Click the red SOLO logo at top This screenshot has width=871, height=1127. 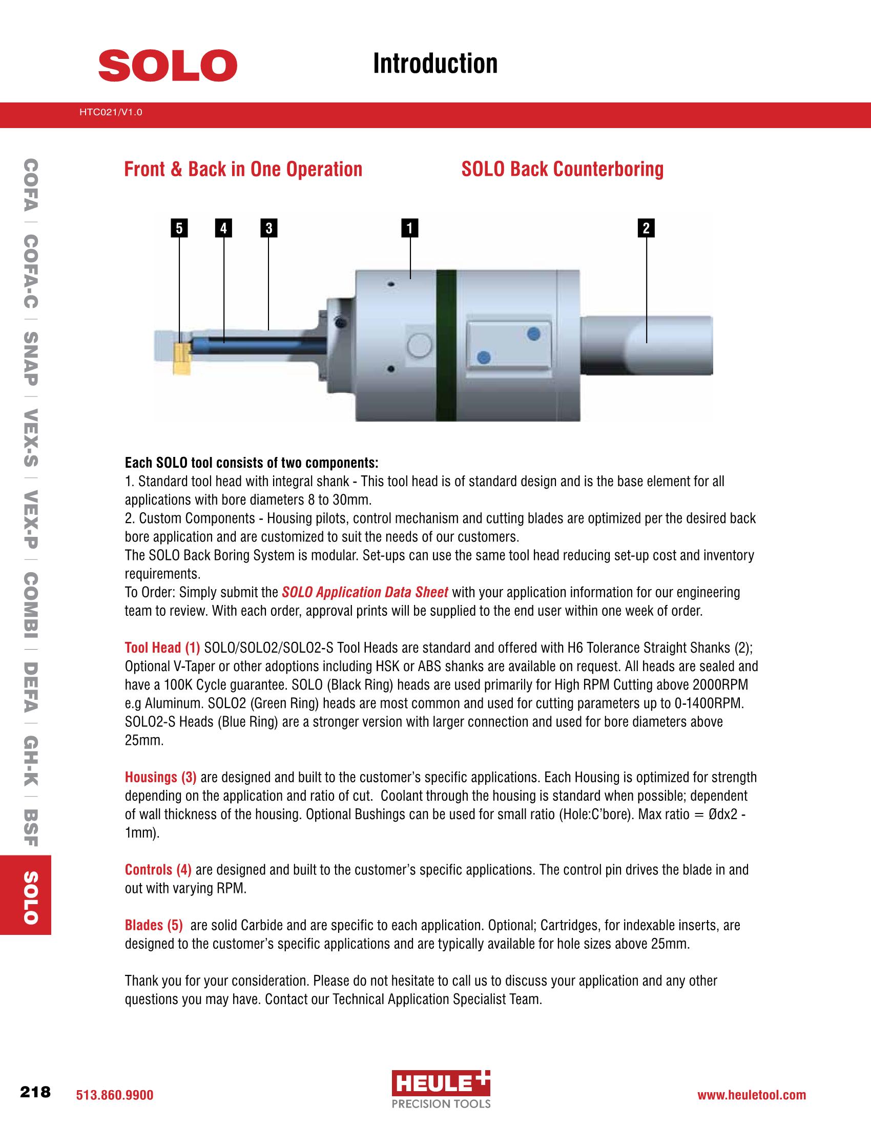pyautogui.click(x=167, y=65)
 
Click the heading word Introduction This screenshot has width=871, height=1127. pyautogui.click(x=435, y=64)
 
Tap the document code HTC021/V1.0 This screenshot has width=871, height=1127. pyautogui.click(x=111, y=111)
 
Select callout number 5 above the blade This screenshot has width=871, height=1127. pyautogui.click(x=179, y=228)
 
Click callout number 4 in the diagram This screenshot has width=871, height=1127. pyautogui.click(x=223, y=228)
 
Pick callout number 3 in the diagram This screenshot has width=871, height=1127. pyautogui.click(x=269, y=228)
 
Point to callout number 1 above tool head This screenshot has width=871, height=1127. pyautogui.click(x=410, y=228)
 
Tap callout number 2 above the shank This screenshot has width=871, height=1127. pyautogui.click(x=646, y=228)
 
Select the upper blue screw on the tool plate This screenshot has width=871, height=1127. pyautogui.click(x=534, y=335)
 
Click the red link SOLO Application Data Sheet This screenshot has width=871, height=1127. pyautogui.click(x=365, y=592)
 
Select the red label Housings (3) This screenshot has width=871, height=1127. pyautogui.click(x=160, y=777)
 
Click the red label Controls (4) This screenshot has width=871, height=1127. pyautogui.click(x=158, y=870)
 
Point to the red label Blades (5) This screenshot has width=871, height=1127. pyautogui.click(x=154, y=925)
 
